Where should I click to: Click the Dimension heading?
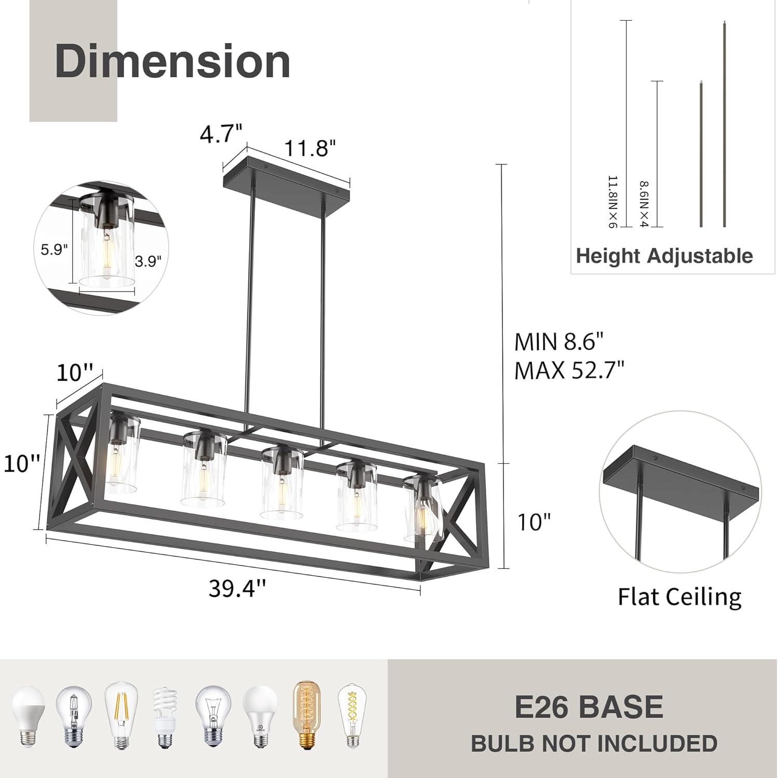(172, 62)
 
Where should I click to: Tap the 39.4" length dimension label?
(238, 588)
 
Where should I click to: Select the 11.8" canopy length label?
(310, 148)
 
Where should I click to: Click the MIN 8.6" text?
(559, 342)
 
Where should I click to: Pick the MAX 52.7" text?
(569, 370)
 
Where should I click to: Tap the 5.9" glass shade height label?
(54, 249)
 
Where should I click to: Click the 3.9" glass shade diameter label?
(148, 261)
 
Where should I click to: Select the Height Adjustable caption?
(664, 256)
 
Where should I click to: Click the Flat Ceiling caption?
(679, 596)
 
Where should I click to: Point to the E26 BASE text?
(589, 707)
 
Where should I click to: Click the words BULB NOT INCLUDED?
(594, 744)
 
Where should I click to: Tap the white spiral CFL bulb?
(165, 716)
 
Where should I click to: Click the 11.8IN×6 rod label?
(613, 202)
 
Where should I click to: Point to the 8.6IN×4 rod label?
(644, 204)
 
